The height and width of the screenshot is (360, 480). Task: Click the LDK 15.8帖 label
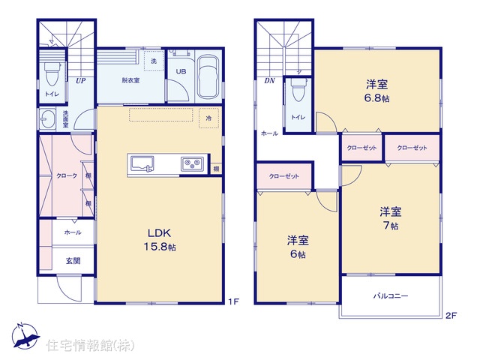point(160,240)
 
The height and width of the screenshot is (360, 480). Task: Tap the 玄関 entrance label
point(73,261)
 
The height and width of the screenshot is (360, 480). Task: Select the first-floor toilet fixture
point(51,73)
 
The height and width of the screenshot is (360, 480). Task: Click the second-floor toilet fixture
point(298,90)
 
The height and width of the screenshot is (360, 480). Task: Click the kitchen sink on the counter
point(142,163)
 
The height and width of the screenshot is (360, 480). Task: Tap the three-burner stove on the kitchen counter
point(192,164)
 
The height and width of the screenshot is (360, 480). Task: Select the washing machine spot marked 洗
point(154,61)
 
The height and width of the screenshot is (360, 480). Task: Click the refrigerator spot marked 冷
point(208,118)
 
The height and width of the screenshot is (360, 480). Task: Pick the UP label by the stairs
point(80,81)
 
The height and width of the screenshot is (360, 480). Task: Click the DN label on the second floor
point(269,81)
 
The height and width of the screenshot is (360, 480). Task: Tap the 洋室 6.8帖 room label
point(376,91)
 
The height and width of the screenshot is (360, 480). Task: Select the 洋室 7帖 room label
point(391,218)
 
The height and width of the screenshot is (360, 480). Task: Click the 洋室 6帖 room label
point(298,247)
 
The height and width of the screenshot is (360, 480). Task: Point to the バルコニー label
point(391,296)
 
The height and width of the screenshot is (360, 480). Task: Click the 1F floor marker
point(233,301)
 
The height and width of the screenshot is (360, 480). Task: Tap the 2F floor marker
point(451,315)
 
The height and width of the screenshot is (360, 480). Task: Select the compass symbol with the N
point(25,336)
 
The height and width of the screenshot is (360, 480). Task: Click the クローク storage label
point(67,175)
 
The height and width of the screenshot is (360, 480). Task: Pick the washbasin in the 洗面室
point(48,118)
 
